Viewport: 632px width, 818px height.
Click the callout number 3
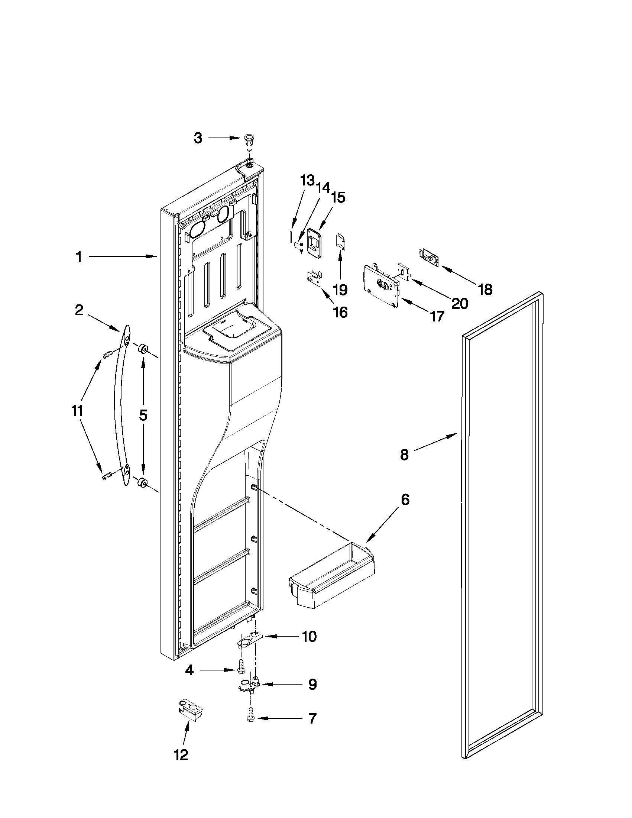click(198, 138)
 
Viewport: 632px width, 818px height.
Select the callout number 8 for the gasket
click(404, 455)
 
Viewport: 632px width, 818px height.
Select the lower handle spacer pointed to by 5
click(142, 482)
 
